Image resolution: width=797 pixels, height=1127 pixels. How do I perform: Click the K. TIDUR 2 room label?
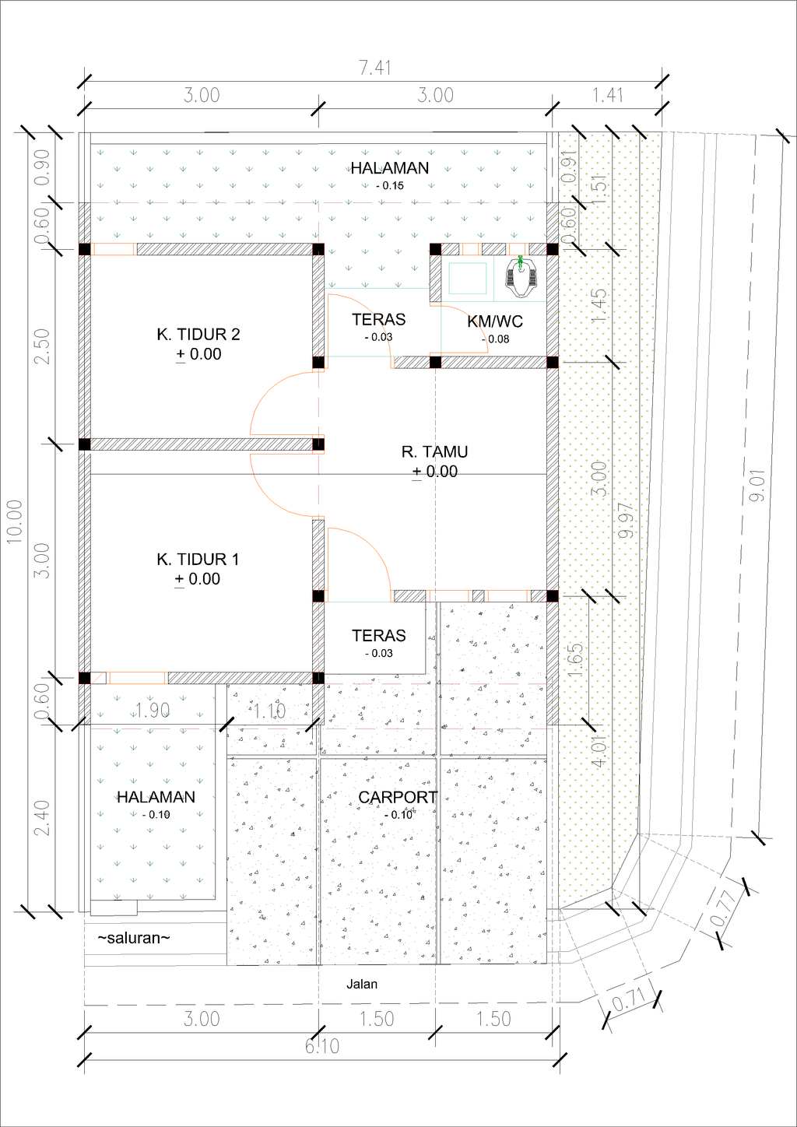click(198, 335)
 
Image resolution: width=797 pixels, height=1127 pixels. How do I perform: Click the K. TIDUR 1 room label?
click(198, 560)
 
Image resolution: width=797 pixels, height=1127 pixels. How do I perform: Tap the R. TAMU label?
click(434, 452)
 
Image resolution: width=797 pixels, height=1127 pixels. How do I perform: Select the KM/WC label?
click(495, 321)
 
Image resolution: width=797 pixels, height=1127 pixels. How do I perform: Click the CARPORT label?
click(398, 798)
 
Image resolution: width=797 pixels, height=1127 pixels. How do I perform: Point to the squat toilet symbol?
click(521, 278)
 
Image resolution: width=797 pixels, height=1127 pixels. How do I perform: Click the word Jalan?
click(362, 985)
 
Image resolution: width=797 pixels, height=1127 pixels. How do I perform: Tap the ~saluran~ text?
click(134, 938)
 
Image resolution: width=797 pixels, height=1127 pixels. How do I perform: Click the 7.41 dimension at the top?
click(374, 68)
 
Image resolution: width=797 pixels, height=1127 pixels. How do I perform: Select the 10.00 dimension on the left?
click(15, 521)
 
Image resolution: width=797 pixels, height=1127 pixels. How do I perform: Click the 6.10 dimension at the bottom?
click(321, 1047)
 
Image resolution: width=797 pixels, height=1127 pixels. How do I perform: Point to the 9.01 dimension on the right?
click(757, 485)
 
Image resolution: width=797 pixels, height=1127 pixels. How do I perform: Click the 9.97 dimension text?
click(625, 520)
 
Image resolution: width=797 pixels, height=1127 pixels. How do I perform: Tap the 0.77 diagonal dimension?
click(723, 908)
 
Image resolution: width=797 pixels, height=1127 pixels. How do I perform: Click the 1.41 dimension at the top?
click(607, 96)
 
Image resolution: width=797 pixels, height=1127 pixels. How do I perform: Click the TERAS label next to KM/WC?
click(378, 320)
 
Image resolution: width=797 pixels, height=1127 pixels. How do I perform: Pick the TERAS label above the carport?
click(378, 636)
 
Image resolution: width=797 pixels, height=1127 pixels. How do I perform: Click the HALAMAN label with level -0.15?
click(389, 168)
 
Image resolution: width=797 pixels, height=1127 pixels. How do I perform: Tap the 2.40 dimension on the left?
click(42, 817)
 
